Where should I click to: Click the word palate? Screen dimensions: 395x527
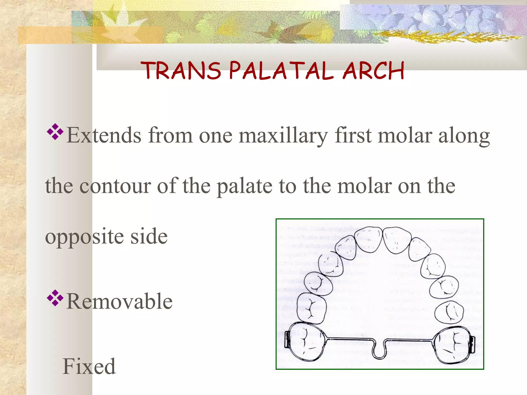coord(244,186)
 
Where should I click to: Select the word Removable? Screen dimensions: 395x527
coord(119,301)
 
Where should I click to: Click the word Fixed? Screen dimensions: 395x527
coord(89,366)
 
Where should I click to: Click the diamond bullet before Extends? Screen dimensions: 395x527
coord(55,132)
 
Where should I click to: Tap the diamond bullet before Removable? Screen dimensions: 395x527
coord(55,298)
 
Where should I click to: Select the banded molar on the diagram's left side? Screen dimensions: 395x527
coord(306,342)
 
